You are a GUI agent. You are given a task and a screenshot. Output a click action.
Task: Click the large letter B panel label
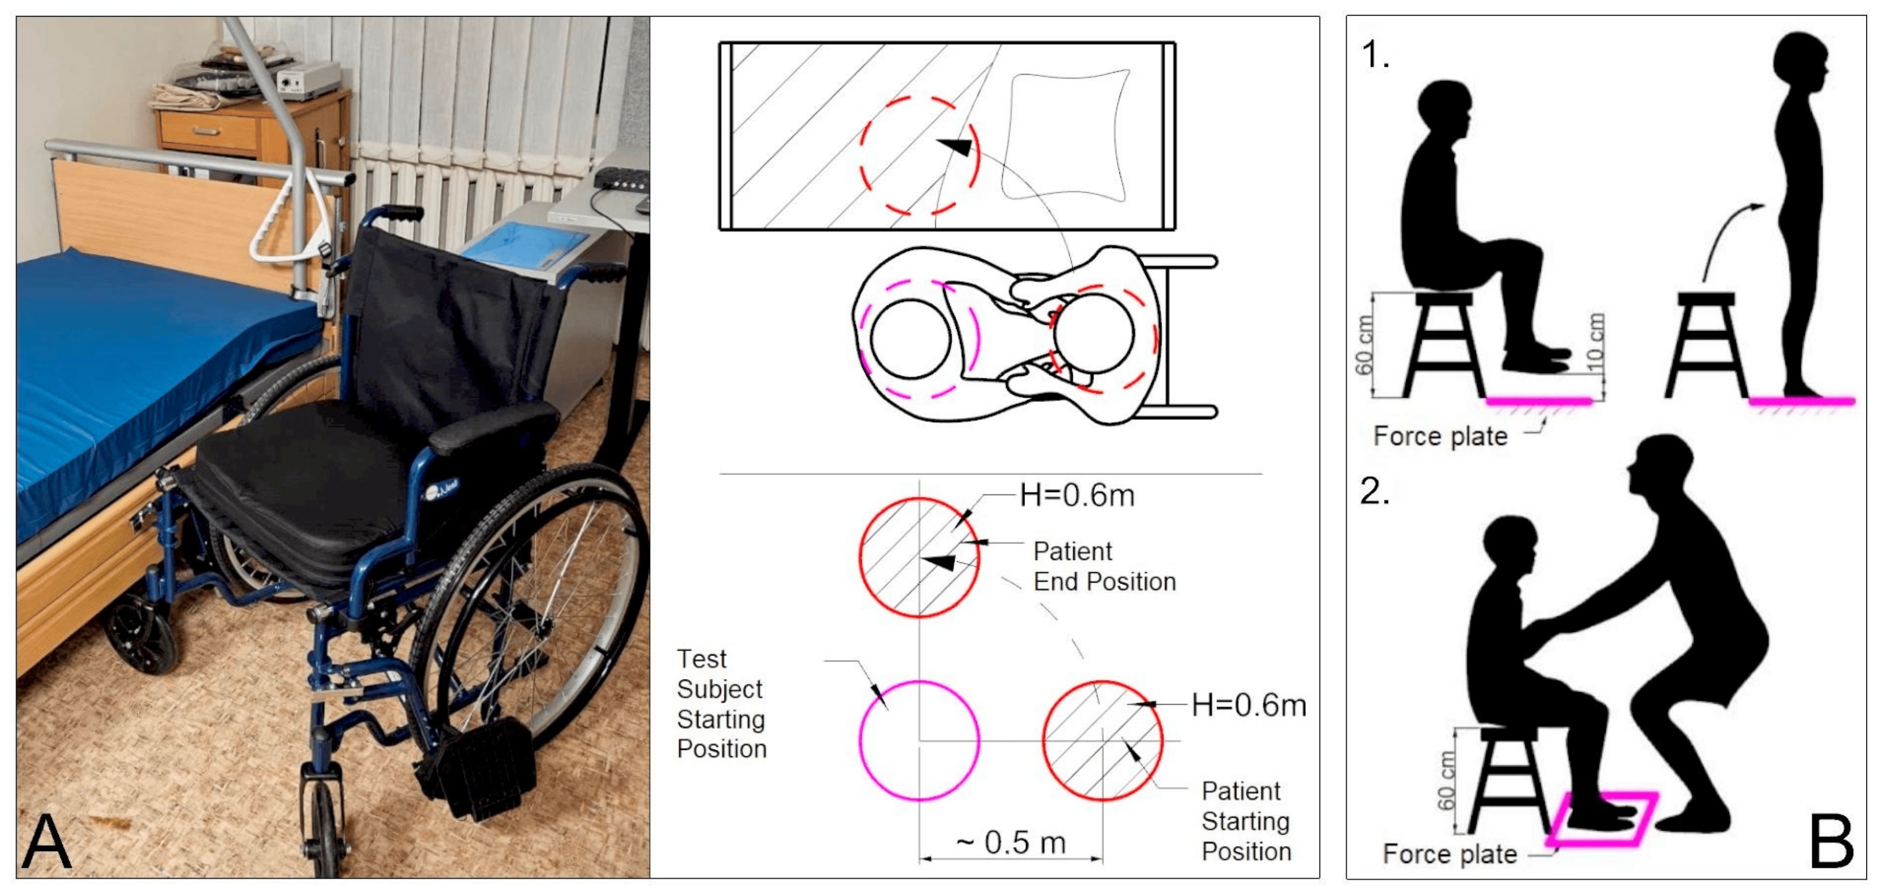(1831, 842)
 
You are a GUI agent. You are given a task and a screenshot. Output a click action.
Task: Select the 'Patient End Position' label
(1104, 566)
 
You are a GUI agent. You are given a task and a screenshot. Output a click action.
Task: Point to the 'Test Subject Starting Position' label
(721, 704)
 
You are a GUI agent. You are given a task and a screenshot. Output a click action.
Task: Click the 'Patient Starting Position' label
(1245, 821)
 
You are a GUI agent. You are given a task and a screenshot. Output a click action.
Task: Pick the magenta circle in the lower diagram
(919, 740)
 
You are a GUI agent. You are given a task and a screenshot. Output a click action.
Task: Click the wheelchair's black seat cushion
(307, 475)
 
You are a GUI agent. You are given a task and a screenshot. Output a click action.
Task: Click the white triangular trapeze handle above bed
(282, 219)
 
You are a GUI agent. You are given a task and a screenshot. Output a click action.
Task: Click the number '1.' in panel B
(1375, 55)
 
